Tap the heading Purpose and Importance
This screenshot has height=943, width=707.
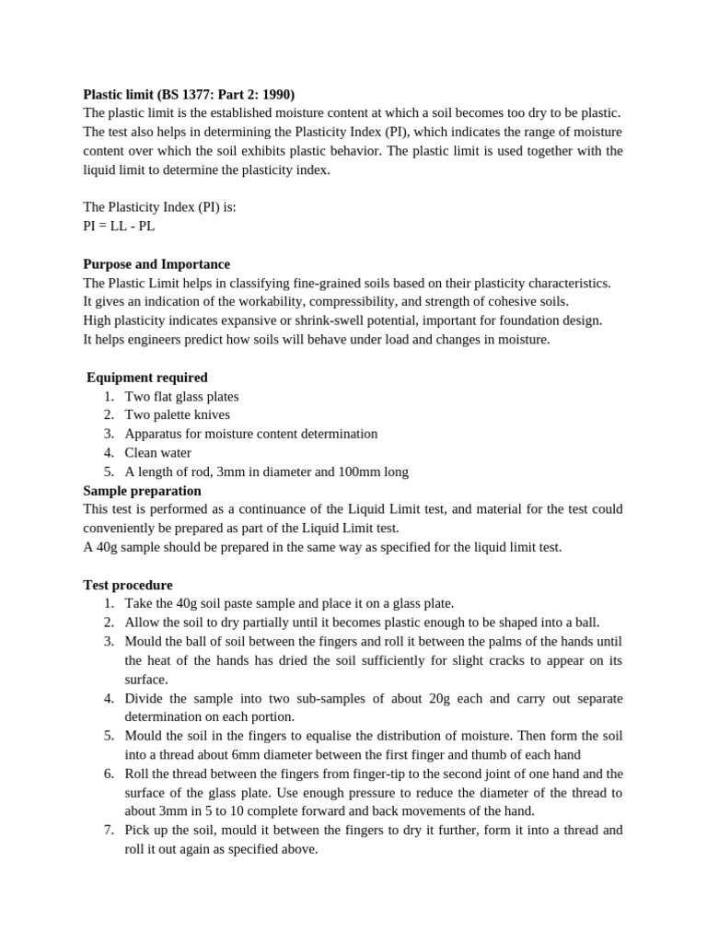156,264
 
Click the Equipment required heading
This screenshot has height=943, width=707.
147,378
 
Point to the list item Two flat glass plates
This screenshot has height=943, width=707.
181,396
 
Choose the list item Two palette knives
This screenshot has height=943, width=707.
178,415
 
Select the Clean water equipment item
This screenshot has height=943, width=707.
158,453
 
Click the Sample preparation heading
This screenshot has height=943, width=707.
142,491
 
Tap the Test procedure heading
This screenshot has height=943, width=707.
127,585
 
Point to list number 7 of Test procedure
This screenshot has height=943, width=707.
109,830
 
